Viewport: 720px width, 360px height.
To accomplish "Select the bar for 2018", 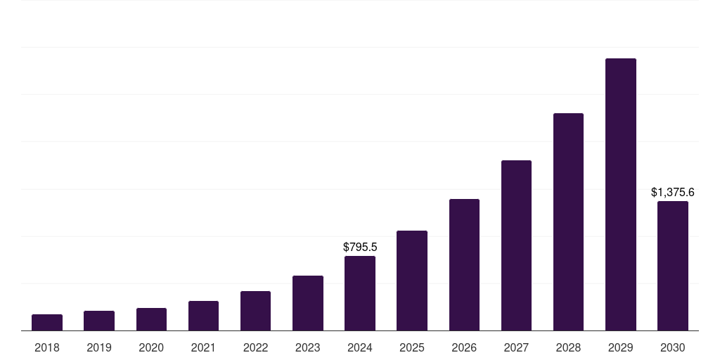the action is [x=47, y=322].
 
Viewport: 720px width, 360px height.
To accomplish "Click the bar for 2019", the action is [x=99, y=321].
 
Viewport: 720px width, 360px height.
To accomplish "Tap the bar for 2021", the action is [x=203, y=316].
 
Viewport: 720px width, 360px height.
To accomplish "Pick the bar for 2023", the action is [x=308, y=303].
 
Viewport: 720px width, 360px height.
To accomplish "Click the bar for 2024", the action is [x=360, y=293].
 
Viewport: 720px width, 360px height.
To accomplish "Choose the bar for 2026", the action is [x=464, y=265].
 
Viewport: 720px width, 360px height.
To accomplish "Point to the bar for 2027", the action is [x=516, y=245].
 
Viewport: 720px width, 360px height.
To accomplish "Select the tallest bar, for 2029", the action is [x=621, y=195].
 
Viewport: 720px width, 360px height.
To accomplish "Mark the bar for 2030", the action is [x=673, y=266].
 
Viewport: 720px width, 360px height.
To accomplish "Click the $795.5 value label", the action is [x=360, y=247].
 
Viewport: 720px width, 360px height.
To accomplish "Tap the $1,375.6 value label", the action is [x=673, y=193].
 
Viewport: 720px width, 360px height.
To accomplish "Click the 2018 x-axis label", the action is [x=47, y=347].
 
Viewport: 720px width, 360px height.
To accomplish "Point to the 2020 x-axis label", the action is [x=151, y=347].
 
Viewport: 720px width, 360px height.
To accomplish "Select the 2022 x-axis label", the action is [x=255, y=347].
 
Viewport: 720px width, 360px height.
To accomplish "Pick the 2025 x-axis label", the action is [x=412, y=347].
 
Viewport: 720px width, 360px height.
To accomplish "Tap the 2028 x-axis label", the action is [x=568, y=347].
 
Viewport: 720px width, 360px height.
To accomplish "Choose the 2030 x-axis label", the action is [x=673, y=347].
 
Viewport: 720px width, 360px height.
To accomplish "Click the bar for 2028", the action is [x=568, y=221].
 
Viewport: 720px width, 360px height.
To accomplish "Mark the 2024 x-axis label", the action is [x=360, y=347].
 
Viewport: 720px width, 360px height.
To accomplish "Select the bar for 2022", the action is [x=255, y=311].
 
